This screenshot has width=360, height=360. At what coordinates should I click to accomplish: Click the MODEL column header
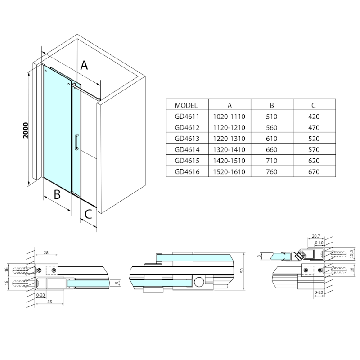(x=186, y=105)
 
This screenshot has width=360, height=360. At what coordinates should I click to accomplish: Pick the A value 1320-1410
(x=229, y=149)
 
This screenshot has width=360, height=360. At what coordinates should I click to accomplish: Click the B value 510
(x=272, y=116)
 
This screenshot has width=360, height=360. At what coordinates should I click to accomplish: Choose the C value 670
(x=314, y=171)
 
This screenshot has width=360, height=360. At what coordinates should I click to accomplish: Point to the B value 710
(x=272, y=161)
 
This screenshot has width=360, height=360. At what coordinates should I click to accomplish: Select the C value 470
(x=314, y=127)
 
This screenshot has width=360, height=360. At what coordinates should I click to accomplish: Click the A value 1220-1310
(x=229, y=138)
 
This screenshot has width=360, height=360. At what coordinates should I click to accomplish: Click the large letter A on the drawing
(x=84, y=66)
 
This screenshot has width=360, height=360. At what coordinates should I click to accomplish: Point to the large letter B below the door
(x=57, y=194)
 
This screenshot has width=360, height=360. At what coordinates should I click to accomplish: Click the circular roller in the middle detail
(x=198, y=282)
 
